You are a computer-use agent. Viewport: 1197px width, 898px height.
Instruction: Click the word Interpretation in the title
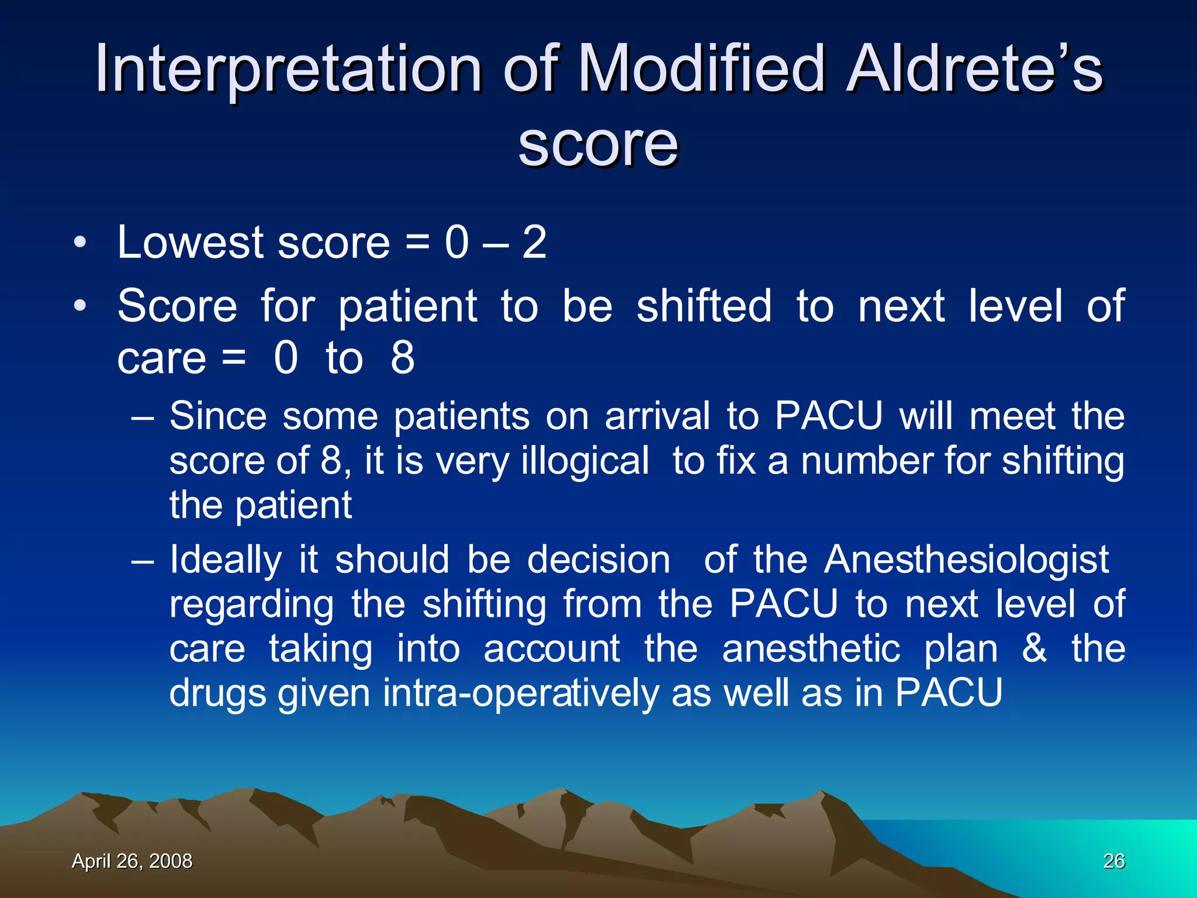288,70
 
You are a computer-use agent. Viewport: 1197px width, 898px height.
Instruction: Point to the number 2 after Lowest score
534,242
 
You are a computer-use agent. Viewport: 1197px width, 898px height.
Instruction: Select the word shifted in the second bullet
704,306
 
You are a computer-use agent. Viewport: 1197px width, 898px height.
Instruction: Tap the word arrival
657,416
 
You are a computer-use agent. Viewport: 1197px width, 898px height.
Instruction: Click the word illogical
584,461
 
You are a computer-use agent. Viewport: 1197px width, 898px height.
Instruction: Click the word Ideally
226,560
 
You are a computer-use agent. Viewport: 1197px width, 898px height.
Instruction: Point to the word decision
598,560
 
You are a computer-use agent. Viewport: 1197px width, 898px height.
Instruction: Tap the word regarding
251,605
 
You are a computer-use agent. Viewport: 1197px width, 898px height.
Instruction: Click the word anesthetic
811,649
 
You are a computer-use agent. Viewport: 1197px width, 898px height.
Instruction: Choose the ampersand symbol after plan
1034,649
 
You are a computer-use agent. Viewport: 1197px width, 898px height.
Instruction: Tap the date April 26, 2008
132,861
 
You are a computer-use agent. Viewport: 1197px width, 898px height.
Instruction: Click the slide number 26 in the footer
1114,861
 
